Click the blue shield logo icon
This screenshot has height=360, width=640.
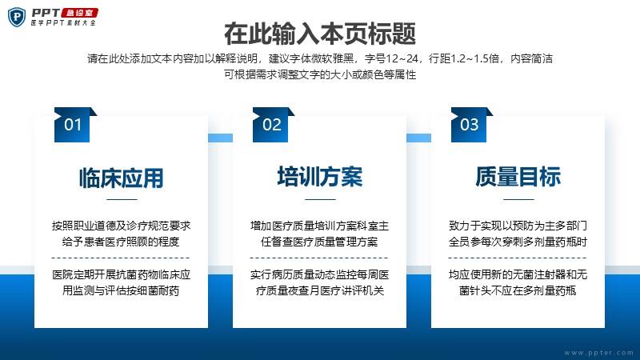(16, 17)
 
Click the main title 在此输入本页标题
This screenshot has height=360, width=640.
(320, 34)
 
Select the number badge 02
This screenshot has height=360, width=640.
(273, 125)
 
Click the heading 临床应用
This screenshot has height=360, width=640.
(122, 178)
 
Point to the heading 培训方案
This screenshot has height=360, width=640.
(319, 177)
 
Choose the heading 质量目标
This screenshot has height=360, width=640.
(518, 177)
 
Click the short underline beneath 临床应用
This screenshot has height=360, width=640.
(122, 199)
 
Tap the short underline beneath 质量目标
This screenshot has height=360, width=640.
(518, 199)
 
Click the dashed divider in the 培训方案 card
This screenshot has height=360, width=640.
(319, 258)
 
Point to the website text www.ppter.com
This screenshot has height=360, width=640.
(598, 353)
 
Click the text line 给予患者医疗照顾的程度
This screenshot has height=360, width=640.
(121, 242)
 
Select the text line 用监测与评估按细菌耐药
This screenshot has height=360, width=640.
(121, 290)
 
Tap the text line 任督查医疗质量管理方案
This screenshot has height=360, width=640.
(319, 242)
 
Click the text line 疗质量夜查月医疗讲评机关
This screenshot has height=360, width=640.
(319, 290)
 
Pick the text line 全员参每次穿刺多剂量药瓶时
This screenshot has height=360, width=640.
(518, 242)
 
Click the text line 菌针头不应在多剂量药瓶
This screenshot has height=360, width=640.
(518, 290)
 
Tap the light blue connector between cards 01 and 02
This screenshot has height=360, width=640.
(221, 138)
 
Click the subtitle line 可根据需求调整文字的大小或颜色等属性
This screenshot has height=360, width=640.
(320, 74)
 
